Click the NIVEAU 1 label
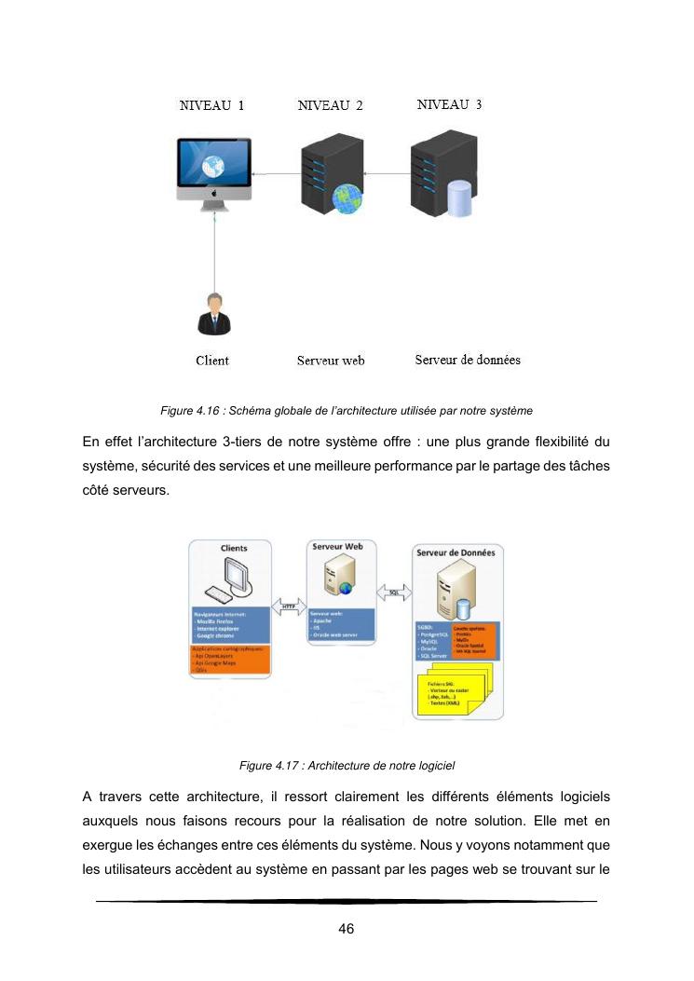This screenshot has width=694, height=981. pyautogui.click(x=211, y=105)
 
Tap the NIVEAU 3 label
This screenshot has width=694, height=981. pyautogui.click(x=449, y=104)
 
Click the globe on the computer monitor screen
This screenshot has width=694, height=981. pyautogui.click(x=214, y=167)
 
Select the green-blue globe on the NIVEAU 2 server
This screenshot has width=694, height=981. pyautogui.click(x=347, y=198)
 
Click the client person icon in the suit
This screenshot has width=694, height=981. pyautogui.click(x=214, y=314)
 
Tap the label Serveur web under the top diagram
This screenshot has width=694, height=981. pyautogui.click(x=331, y=361)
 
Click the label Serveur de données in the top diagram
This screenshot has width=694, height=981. pyautogui.click(x=468, y=360)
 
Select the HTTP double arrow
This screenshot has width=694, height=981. pyautogui.click(x=288, y=606)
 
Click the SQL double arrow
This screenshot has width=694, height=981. pyautogui.click(x=394, y=591)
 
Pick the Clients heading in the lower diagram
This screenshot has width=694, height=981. pyautogui.click(x=234, y=549)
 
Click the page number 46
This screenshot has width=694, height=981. pyautogui.click(x=347, y=929)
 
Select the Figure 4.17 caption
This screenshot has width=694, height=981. pyautogui.click(x=347, y=766)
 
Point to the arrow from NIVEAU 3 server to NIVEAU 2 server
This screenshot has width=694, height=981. pyautogui.click(x=388, y=173)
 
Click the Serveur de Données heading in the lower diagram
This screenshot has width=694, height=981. pyautogui.click(x=457, y=552)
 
